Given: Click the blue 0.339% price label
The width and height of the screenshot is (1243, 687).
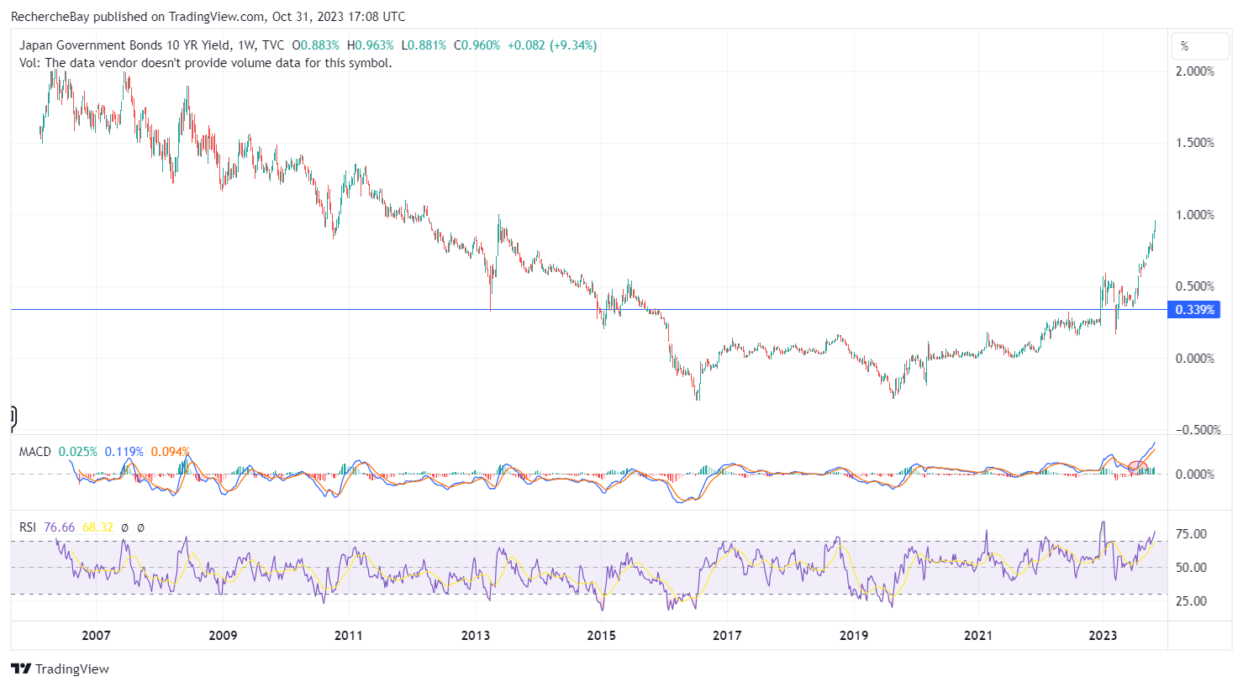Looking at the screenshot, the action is [x=1193, y=309].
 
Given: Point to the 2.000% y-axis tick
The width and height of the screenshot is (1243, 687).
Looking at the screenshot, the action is [x=1195, y=71].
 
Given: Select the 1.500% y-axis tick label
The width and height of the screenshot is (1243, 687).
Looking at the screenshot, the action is [x=1195, y=143].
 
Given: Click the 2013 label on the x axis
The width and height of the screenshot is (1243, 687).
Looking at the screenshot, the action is [x=476, y=636].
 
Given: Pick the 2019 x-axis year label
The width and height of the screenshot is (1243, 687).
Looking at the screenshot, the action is [x=853, y=636].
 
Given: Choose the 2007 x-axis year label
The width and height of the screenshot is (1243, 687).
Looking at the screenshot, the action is [x=96, y=636].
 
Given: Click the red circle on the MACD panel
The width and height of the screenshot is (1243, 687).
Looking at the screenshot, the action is [x=1137, y=467].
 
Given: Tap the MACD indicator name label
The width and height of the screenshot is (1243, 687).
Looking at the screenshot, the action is [x=35, y=452].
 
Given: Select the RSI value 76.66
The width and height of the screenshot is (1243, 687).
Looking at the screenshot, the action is [x=59, y=527].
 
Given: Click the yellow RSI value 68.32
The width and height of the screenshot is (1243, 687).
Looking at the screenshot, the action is [x=97, y=527].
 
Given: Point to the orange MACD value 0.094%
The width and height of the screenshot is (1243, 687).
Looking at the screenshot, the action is [x=170, y=452].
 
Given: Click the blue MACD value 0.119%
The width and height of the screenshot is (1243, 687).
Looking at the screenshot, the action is [x=124, y=452].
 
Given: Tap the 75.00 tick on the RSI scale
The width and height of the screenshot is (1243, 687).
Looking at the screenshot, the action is [x=1191, y=534].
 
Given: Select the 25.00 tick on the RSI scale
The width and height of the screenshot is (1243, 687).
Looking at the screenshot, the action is [x=1191, y=601].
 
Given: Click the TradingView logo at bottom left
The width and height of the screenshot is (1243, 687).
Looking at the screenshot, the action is [x=60, y=669].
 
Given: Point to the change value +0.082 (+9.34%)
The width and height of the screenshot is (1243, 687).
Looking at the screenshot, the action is [x=552, y=45].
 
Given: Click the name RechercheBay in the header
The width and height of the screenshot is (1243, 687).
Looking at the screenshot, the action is [x=50, y=17].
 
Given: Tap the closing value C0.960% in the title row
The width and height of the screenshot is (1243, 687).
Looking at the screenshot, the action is [x=477, y=45].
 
